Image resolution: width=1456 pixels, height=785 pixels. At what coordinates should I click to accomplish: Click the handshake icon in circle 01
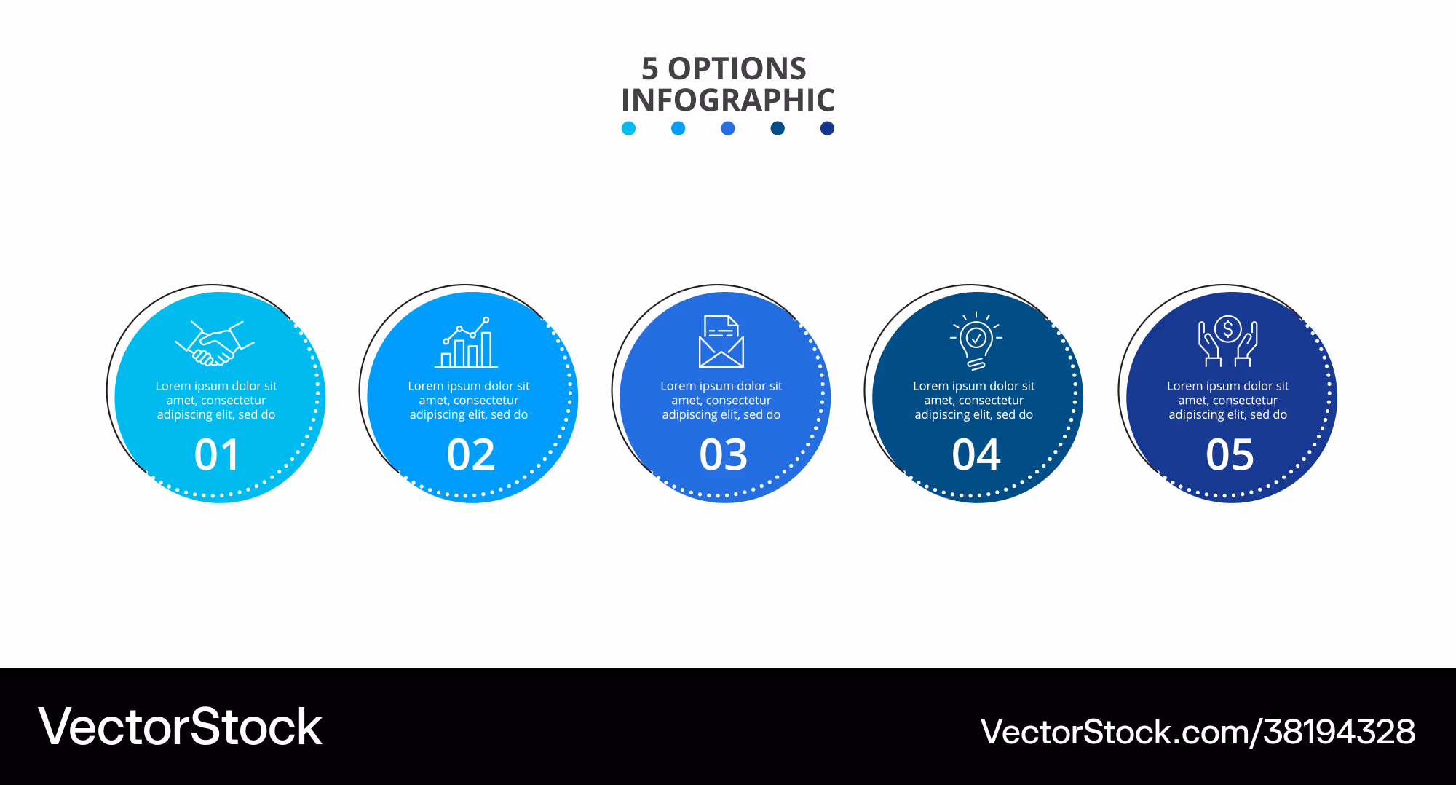[215, 343]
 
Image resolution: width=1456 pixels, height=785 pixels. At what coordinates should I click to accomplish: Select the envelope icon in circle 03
[721, 341]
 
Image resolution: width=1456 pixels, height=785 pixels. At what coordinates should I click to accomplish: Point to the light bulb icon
[976, 341]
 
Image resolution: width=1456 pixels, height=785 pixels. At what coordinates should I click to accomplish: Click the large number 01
[217, 455]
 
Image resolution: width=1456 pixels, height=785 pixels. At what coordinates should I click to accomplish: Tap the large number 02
[471, 455]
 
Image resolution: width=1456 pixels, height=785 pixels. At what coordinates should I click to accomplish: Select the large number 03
[724, 455]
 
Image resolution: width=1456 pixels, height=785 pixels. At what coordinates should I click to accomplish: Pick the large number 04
[976, 455]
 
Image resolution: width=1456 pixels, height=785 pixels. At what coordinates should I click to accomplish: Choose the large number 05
[1230, 455]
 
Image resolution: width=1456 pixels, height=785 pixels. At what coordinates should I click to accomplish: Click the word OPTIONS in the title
[737, 69]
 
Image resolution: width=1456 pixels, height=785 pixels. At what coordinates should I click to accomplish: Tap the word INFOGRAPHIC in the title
[728, 100]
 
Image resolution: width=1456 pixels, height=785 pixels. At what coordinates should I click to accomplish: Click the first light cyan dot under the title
[629, 128]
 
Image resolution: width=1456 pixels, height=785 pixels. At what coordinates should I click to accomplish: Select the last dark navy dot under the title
[827, 128]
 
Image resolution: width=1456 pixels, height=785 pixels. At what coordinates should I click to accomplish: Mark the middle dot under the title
[728, 128]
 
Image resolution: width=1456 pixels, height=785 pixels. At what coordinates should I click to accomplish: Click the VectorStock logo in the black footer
[180, 727]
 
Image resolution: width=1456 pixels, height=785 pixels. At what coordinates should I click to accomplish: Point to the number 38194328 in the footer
[1340, 732]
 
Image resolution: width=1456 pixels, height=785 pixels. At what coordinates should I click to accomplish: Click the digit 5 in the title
[650, 69]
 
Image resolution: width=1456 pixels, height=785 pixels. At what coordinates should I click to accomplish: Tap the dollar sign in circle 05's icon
[1228, 330]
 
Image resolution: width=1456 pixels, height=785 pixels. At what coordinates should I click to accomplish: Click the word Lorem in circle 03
[678, 386]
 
